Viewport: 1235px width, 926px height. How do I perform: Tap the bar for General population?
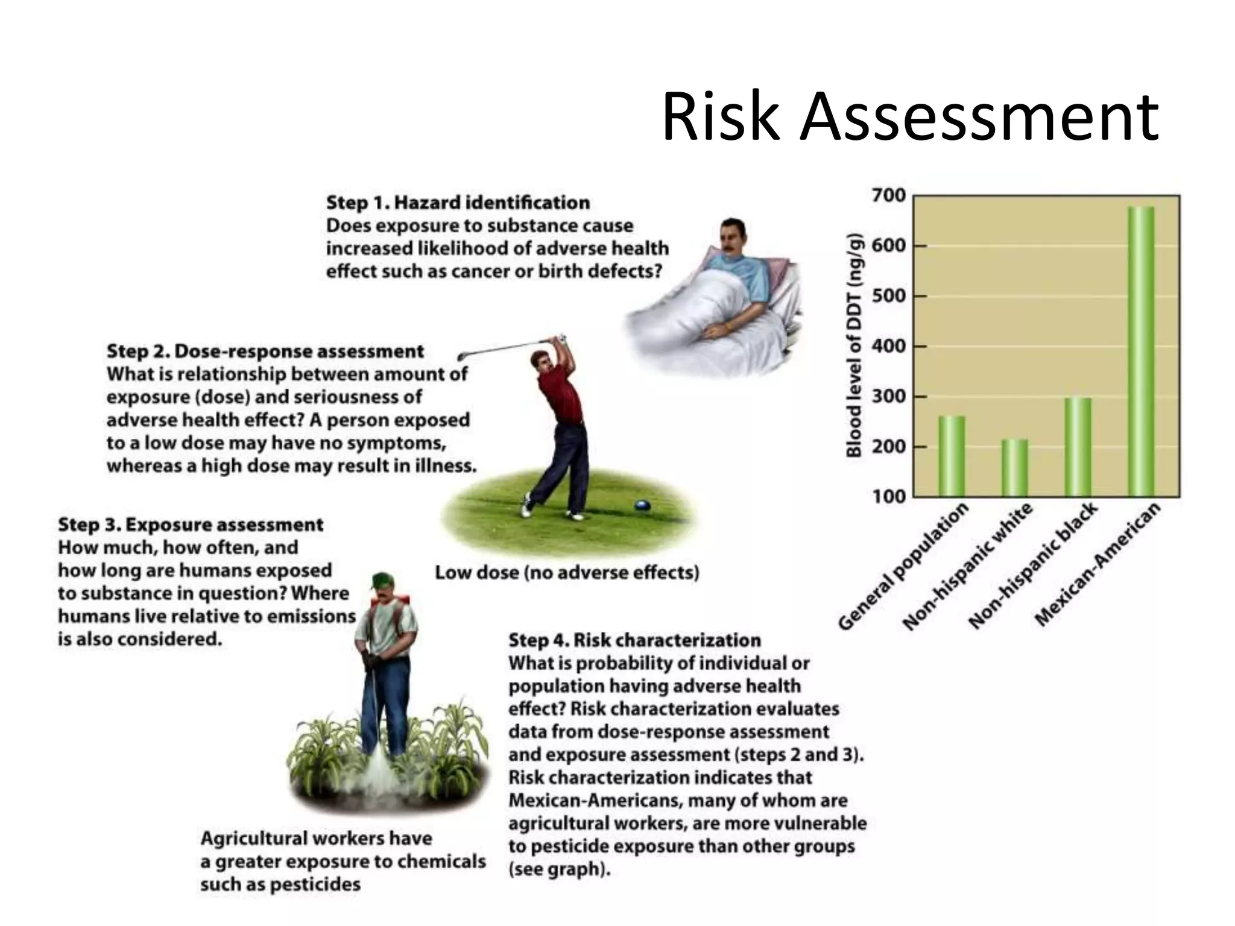pyautogui.click(x=952, y=456)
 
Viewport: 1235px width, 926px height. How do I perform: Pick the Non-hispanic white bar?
pyautogui.click(x=1015, y=468)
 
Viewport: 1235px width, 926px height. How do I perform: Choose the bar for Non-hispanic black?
pyautogui.click(x=1078, y=447)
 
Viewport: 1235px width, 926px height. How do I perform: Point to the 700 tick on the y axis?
pyautogui.click(x=889, y=196)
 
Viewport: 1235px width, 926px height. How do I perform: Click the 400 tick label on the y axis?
pyautogui.click(x=889, y=347)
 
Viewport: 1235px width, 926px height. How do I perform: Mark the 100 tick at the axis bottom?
pyautogui.click(x=889, y=497)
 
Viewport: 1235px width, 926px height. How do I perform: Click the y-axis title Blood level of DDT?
pyautogui.click(x=854, y=345)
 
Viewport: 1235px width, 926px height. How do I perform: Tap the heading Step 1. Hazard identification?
pyautogui.click(x=458, y=203)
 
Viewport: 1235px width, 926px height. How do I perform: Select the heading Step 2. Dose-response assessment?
pyautogui.click(x=265, y=351)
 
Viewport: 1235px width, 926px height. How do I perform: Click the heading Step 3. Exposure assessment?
pyautogui.click(x=191, y=524)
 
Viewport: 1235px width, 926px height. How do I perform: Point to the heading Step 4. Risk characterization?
pyautogui.click(x=634, y=640)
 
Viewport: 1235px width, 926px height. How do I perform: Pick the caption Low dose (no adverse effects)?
pyautogui.click(x=567, y=572)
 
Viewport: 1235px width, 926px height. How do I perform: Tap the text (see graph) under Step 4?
pyautogui.click(x=559, y=869)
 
